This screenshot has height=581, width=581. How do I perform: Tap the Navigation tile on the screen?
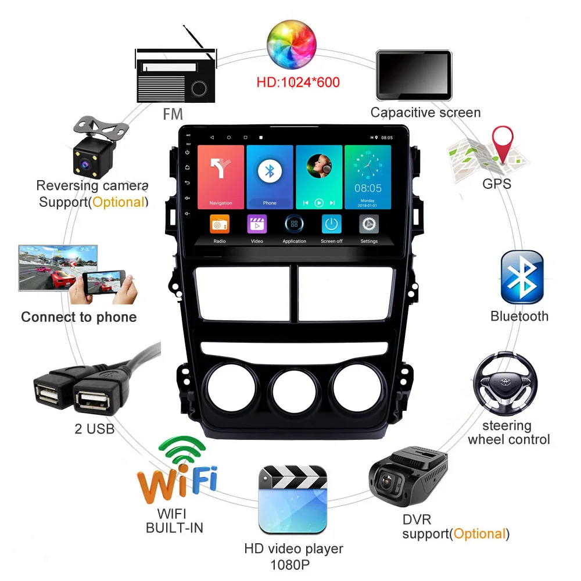pos(220,176)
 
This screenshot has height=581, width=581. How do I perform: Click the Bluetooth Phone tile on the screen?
pos(270,176)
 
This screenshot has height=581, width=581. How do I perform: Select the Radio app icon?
pos(220,225)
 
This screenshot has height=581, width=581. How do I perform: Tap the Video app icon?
pos(257,225)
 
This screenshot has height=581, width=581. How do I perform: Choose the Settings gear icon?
pos(369,225)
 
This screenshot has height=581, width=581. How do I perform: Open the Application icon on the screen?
pos(294,225)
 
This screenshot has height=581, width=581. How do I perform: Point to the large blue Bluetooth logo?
pos(522,278)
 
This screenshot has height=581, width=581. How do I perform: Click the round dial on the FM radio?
pos(199,88)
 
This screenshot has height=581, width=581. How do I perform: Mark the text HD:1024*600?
pos(298,82)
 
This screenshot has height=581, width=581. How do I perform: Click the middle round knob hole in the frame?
pos(293,392)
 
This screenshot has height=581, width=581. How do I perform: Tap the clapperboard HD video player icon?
pos(293,498)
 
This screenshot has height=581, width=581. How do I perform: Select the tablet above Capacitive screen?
pos(413,75)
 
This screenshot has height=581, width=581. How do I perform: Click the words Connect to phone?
pos(79,317)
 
